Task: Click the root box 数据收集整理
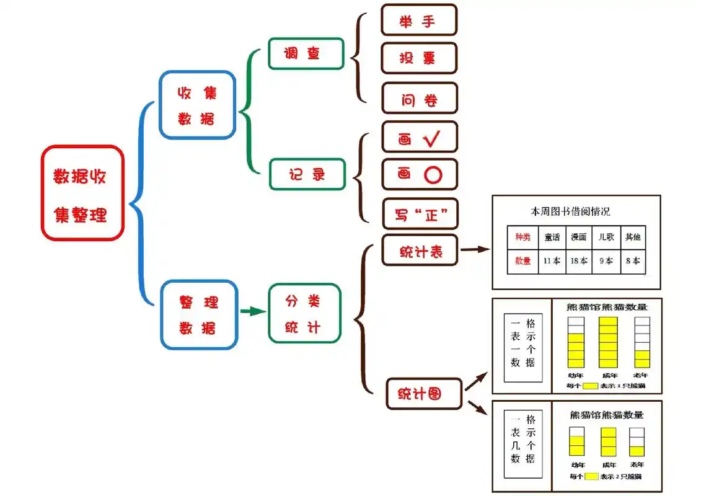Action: pyautogui.click(x=82, y=193)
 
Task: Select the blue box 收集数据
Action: pyautogui.click(x=197, y=105)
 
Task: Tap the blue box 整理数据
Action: pyautogui.click(x=199, y=314)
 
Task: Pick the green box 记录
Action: pyautogui.click(x=306, y=174)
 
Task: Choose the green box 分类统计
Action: pyautogui.click(x=304, y=313)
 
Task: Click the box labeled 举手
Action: pyautogui.click(x=418, y=20)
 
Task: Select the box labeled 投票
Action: pyautogui.click(x=418, y=58)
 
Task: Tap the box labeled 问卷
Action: pyautogui.click(x=419, y=98)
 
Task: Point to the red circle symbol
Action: pyautogui.click(x=433, y=175)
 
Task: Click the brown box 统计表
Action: pyautogui.click(x=420, y=251)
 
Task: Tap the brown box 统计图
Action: pyautogui.click(x=424, y=393)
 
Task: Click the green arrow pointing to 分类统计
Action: pyautogui.click(x=252, y=311)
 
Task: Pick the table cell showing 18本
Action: pyautogui.click(x=579, y=261)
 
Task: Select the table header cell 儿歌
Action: pyautogui.click(x=606, y=237)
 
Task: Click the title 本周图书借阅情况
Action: pyautogui.click(x=570, y=211)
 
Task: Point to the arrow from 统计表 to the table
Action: pyautogui.click(x=474, y=250)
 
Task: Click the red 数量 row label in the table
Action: pyautogui.click(x=522, y=261)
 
